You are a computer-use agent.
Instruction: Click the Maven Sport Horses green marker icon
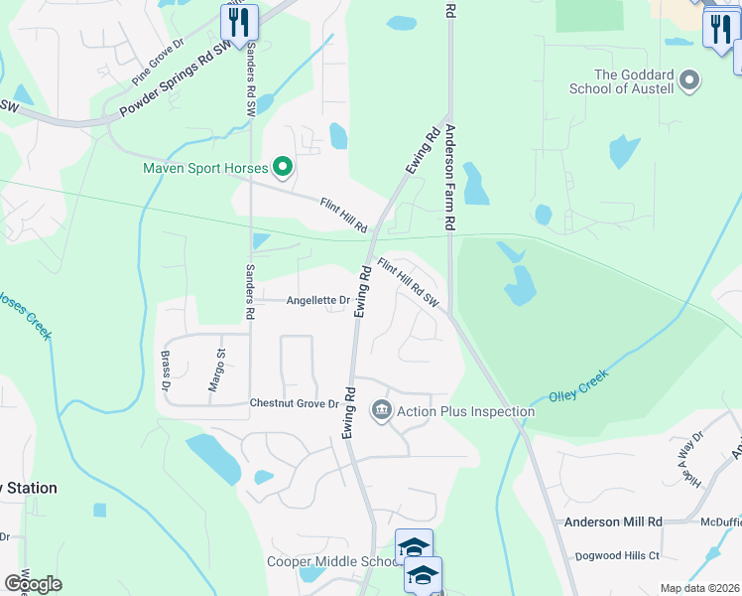(283, 167)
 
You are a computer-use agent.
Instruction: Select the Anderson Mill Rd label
(613, 521)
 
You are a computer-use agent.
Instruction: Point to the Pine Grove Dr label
(159, 63)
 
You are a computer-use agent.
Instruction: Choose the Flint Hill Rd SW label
(408, 283)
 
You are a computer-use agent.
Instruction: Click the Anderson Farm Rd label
(449, 179)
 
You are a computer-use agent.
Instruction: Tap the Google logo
(33, 583)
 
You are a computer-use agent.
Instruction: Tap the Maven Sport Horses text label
(205, 168)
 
